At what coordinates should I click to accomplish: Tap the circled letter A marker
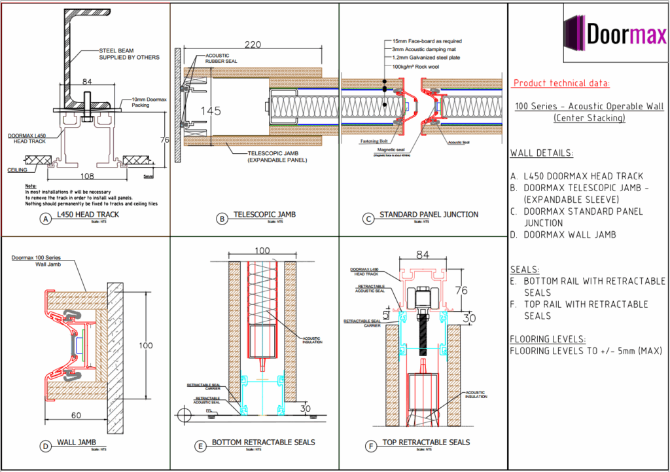point(45,219)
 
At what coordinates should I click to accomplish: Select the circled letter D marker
point(45,446)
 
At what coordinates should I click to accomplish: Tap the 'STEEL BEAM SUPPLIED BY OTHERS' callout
point(129,54)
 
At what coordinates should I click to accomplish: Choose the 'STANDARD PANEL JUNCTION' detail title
point(429,214)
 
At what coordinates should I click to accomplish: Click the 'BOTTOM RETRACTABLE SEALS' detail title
point(263,443)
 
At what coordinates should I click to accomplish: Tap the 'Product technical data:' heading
point(561,83)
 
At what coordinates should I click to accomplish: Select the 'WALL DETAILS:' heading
point(541,153)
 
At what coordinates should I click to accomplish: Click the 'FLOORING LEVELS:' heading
point(548,339)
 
